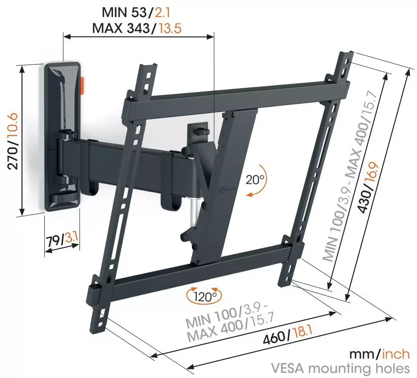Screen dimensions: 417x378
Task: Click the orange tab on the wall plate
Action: tap(82, 85)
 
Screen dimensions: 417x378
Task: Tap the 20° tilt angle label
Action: tap(255, 180)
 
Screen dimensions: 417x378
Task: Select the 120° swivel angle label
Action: tap(204, 297)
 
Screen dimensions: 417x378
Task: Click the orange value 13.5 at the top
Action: tap(170, 28)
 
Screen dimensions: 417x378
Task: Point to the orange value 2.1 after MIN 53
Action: tap(162, 12)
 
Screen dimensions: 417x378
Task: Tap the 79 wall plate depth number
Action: tap(53, 241)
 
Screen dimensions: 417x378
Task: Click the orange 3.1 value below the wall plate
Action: tap(71, 238)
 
